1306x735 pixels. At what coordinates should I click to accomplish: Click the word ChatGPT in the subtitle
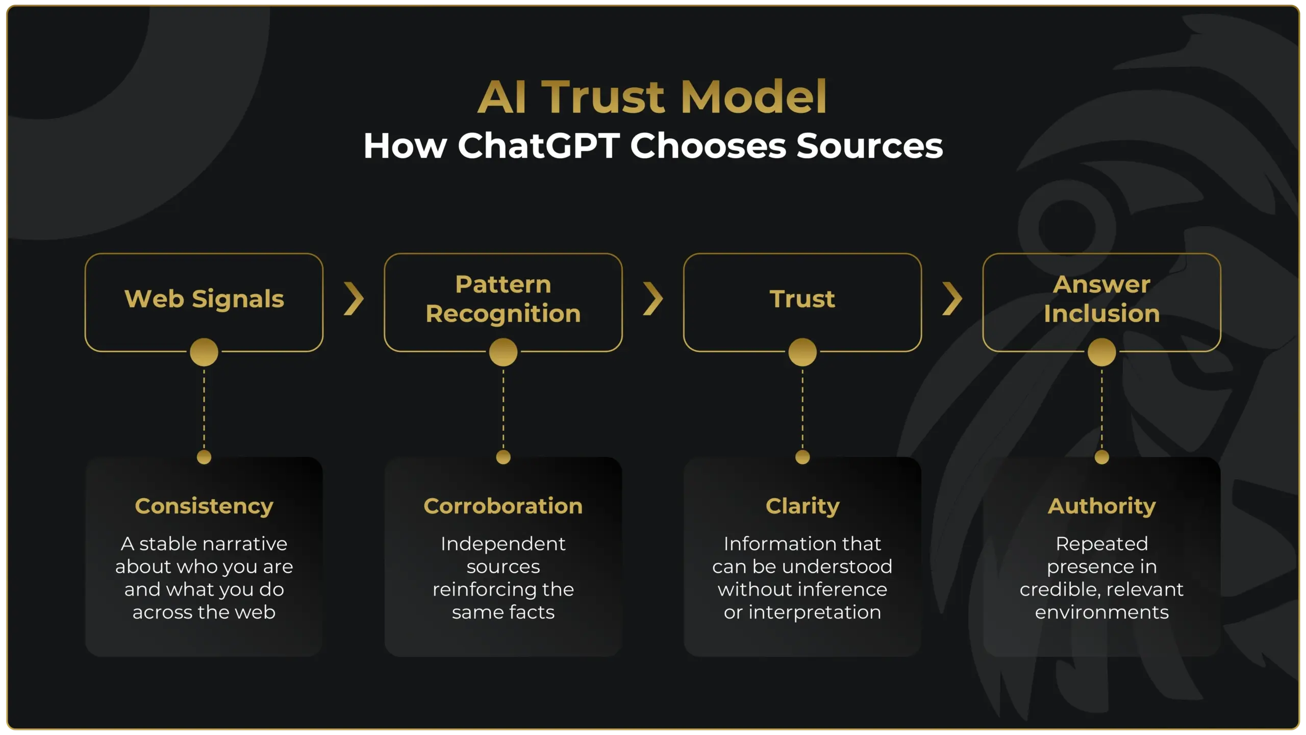coord(539,146)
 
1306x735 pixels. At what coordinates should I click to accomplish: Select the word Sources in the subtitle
coord(869,146)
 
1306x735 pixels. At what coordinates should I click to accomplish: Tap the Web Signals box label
coord(204,299)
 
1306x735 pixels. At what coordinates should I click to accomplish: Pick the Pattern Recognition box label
coord(503,299)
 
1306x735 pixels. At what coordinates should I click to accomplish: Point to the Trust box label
coord(802,299)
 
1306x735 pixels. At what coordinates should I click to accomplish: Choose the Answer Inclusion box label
coord(1101,299)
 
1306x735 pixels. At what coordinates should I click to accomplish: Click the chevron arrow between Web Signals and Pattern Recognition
coord(354,299)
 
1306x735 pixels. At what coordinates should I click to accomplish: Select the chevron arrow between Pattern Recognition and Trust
coord(653,299)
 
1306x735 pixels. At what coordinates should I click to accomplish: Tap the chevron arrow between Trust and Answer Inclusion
coord(952,299)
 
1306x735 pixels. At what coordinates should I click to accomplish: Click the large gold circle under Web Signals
coord(204,352)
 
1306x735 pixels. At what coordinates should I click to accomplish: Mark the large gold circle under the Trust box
coord(802,352)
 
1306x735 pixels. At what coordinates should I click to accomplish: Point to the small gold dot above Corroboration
coord(503,457)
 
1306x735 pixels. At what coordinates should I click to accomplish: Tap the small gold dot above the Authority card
coord(1102,457)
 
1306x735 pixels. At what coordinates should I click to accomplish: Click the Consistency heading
coord(204,506)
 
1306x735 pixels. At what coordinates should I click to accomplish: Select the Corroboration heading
coord(503,506)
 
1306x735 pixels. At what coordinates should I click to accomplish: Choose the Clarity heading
coord(802,506)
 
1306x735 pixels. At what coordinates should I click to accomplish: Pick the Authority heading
coord(1102,506)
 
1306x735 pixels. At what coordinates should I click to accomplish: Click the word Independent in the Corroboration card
coord(503,544)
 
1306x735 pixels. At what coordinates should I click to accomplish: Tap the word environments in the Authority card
coord(1102,612)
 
